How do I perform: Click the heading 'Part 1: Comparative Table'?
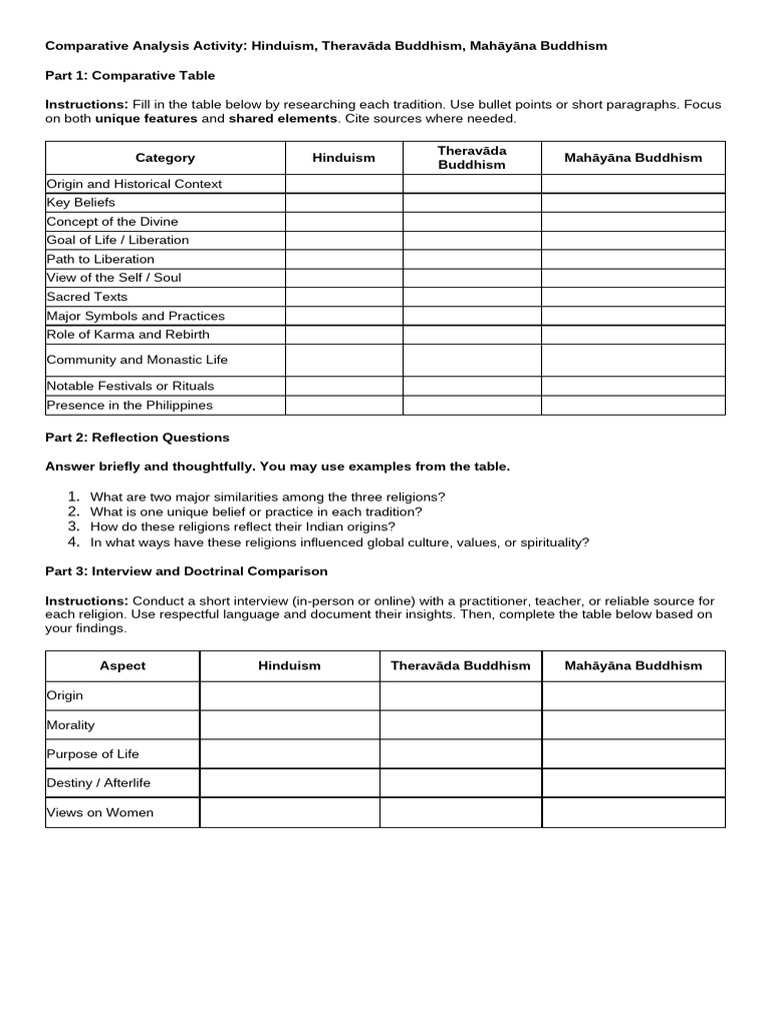coord(130,75)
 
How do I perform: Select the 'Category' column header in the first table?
coord(165,158)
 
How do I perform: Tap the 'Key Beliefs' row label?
coord(82,202)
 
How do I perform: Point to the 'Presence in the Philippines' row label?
coord(129,405)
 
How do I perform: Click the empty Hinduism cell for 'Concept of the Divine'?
coord(344,221)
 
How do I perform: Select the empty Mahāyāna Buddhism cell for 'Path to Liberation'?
coord(633,259)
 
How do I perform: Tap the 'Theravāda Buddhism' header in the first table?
coord(472,158)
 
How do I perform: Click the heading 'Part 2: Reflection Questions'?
coord(138,438)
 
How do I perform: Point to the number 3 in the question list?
coord(73,525)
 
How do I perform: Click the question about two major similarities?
coord(267,497)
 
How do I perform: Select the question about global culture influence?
coord(339,542)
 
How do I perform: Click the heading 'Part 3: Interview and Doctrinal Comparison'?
coord(187,571)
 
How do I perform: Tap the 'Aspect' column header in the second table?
coord(123,665)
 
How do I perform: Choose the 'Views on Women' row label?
coord(100,812)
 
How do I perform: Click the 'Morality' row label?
coord(71,724)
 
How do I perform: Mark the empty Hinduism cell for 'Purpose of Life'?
coord(289,753)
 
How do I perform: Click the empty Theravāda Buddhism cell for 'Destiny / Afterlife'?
coord(460,783)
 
